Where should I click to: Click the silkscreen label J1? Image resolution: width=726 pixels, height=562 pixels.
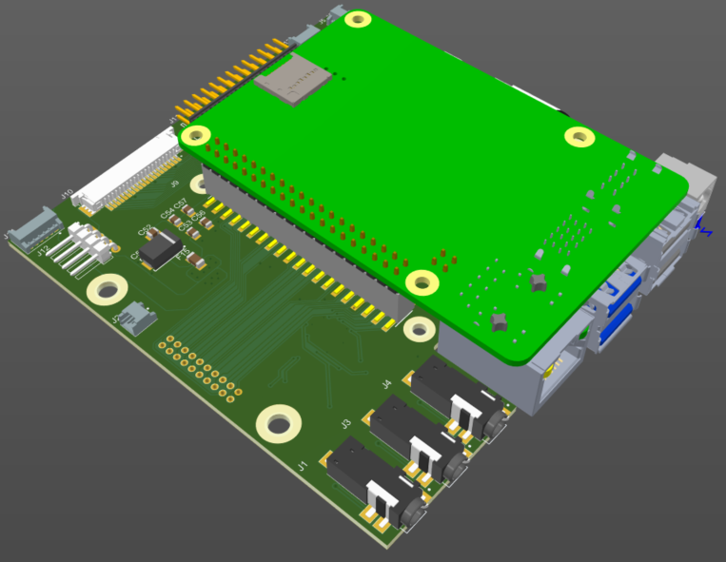click(303, 466)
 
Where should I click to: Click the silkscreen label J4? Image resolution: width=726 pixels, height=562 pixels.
click(386, 383)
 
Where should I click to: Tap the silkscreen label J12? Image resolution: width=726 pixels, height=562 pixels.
click(43, 252)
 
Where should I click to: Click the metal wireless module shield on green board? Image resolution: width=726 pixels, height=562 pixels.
click(294, 77)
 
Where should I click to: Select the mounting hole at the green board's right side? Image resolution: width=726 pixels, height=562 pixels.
click(579, 137)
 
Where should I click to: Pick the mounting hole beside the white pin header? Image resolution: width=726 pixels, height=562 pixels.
click(108, 288)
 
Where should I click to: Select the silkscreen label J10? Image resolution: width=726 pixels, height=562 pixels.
click(67, 194)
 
